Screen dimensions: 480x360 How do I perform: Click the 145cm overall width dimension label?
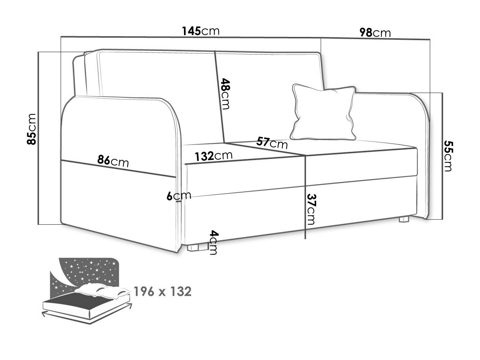[x=201, y=31]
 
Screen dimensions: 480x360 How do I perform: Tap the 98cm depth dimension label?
[x=375, y=33]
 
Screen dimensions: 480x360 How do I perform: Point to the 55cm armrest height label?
[x=449, y=156]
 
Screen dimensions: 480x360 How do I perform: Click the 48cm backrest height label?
[x=225, y=94]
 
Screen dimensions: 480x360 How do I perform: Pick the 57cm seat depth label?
[x=272, y=143]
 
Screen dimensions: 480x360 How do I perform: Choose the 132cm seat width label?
[x=213, y=156]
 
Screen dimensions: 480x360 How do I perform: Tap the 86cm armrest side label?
[x=113, y=161]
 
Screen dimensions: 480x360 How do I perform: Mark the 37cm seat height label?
[x=311, y=209]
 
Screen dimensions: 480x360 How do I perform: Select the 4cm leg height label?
[x=213, y=243]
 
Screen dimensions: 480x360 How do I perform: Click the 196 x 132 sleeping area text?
[x=162, y=291]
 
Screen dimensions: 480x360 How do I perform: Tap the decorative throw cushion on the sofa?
[x=323, y=112]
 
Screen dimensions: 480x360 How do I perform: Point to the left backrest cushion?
[x=158, y=96]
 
